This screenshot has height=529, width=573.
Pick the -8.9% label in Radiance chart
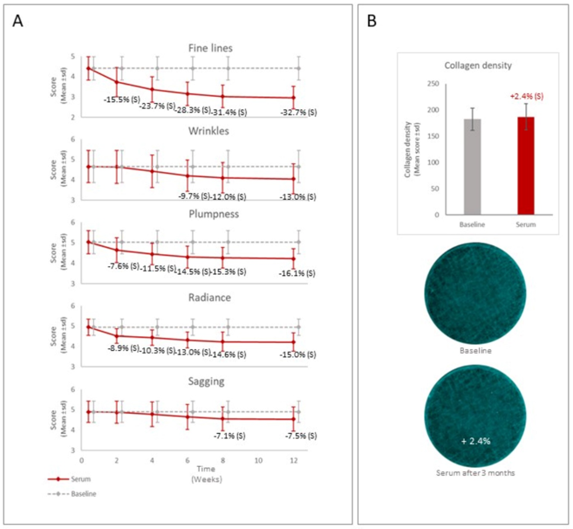tap(122, 347)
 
